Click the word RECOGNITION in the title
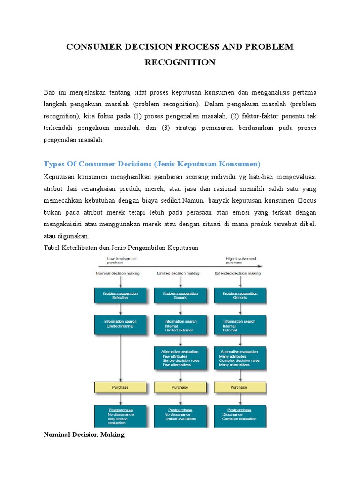point(180,62)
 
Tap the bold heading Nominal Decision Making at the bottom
point(84,435)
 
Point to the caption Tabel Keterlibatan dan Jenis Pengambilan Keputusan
point(121,247)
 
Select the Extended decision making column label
point(238,273)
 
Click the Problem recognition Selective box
point(121,295)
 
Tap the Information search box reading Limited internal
point(121,324)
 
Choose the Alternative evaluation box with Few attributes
point(180,357)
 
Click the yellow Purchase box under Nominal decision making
point(121,387)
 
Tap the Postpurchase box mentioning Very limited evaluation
point(121,416)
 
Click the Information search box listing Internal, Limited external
point(180,324)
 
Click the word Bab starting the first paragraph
point(50,91)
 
